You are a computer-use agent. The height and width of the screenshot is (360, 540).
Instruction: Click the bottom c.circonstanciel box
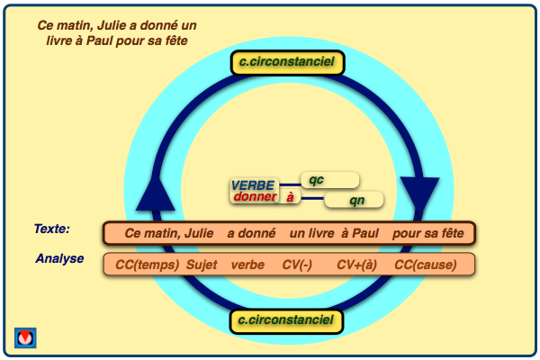(286, 320)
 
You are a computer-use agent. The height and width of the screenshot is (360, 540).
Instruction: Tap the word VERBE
(253, 185)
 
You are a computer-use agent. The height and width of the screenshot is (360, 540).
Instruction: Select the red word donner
(254, 197)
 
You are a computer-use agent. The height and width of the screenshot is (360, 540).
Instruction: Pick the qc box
(329, 180)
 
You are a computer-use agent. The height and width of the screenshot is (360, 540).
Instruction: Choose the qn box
(354, 199)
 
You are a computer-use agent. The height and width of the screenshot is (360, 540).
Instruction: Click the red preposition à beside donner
(290, 197)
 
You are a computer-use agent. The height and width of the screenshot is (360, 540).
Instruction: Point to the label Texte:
(52, 229)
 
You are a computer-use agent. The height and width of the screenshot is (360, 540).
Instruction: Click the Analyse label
(59, 259)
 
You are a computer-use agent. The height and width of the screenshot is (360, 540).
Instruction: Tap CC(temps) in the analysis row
(146, 265)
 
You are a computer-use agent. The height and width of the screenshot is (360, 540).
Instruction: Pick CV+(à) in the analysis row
(356, 265)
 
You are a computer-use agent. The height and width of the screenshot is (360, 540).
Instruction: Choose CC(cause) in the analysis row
(426, 265)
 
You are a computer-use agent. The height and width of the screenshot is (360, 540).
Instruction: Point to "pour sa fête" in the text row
(428, 234)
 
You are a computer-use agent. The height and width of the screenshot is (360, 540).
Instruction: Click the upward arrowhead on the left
(158, 192)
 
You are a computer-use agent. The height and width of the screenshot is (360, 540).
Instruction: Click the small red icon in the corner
(25, 337)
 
